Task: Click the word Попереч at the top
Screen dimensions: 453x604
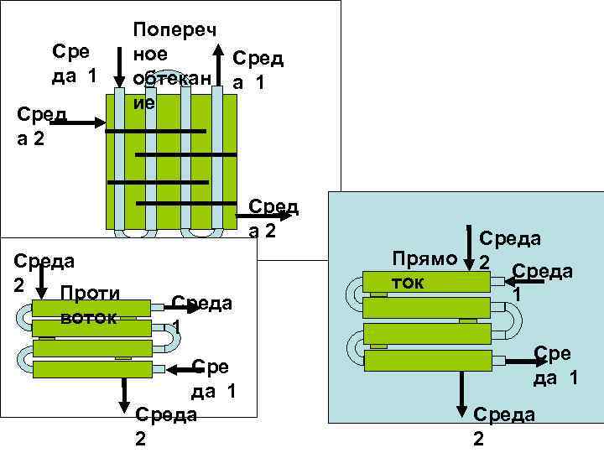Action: [x=174, y=30]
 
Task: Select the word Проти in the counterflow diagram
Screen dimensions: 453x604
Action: [x=91, y=294]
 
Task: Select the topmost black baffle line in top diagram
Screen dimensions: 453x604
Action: [x=159, y=132]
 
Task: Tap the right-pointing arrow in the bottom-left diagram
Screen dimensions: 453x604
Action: [x=188, y=308]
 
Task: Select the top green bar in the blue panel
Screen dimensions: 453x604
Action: [x=426, y=282]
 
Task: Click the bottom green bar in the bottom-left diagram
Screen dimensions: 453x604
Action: [x=92, y=369]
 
